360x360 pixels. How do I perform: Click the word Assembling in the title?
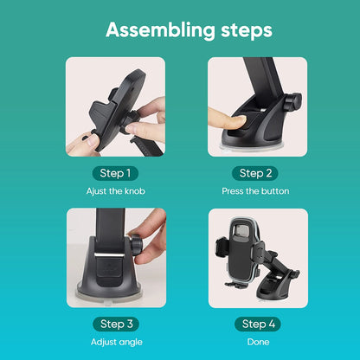(160, 30)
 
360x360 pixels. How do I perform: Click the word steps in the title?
(247, 31)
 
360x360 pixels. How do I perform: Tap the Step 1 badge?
(115, 173)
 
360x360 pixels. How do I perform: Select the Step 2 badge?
(255, 173)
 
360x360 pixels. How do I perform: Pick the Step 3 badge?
(116, 324)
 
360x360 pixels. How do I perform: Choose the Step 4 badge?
(258, 324)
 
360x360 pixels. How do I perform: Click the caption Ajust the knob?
(116, 191)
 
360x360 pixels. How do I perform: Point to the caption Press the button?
(255, 191)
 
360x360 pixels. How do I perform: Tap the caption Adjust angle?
(117, 342)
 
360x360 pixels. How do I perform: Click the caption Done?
(258, 342)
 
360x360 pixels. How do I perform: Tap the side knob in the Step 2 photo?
(292, 102)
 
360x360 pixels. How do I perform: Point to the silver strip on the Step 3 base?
(110, 254)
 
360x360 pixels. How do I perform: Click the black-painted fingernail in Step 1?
(86, 138)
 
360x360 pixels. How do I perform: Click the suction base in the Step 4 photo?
(274, 286)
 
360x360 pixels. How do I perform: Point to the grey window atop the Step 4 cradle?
(242, 230)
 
